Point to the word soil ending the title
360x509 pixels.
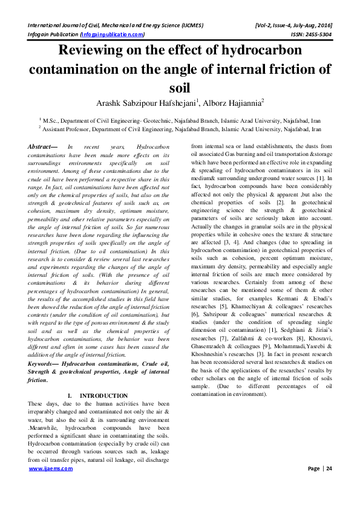[180, 88]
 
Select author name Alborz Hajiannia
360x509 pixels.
[232, 103]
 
